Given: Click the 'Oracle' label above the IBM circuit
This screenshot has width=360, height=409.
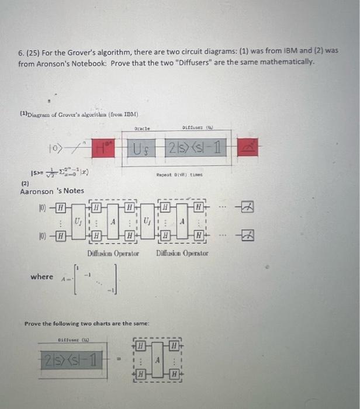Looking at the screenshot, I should coord(142,129).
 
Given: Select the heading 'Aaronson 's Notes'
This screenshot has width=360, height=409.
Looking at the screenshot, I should coord(52,190).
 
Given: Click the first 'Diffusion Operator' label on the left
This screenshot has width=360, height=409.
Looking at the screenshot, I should coord(113,253).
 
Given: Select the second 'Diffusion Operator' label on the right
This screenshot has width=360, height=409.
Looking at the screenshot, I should coord(182,253).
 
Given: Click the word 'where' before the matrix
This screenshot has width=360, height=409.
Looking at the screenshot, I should coord(41,276).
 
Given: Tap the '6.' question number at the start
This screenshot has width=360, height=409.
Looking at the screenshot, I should coord(20,51).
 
